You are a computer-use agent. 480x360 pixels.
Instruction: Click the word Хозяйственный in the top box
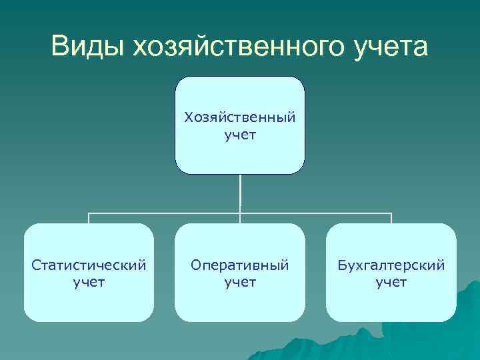tap(240, 118)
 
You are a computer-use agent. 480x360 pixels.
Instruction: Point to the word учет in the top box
tap(240, 135)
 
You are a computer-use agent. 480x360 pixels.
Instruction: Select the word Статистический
tap(89, 265)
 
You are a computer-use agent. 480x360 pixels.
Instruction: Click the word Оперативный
tap(240, 265)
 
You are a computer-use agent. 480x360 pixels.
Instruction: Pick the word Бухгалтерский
tap(391, 265)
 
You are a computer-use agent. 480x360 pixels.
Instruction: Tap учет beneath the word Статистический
tap(89, 282)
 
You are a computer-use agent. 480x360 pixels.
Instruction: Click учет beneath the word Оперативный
tap(240, 282)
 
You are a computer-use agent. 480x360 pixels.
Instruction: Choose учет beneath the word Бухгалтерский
tap(391, 282)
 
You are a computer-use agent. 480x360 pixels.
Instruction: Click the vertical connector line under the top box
tap(240, 193)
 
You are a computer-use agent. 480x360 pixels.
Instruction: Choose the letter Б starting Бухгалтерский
tap(341, 265)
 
